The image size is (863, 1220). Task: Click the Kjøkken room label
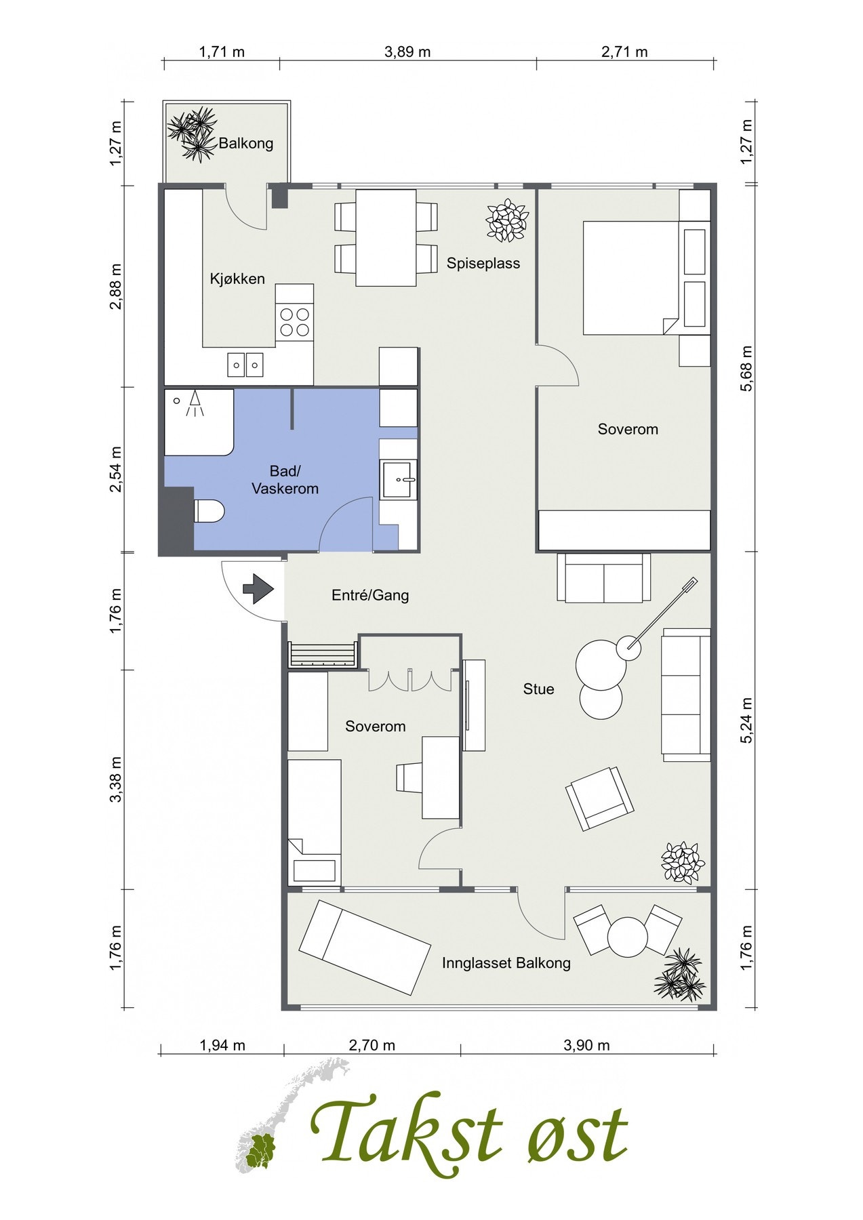click(x=237, y=279)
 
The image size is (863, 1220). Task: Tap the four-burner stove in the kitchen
click(x=294, y=322)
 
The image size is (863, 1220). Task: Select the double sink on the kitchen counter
click(x=245, y=365)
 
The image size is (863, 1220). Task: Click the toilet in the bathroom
click(x=208, y=511)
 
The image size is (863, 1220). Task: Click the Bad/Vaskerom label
click(x=285, y=480)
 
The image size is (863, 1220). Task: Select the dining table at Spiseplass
click(x=386, y=238)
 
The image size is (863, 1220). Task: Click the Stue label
click(x=538, y=689)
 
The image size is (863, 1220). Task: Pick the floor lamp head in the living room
click(x=629, y=645)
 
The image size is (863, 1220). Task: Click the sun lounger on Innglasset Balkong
click(x=365, y=947)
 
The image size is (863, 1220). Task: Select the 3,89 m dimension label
click(x=407, y=52)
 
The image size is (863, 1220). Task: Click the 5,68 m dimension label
click(x=747, y=368)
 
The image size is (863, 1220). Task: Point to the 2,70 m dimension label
click(x=372, y=1045)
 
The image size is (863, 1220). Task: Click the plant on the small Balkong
click(x=193, y=134)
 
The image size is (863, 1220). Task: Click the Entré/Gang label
click(x=370, y=595)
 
